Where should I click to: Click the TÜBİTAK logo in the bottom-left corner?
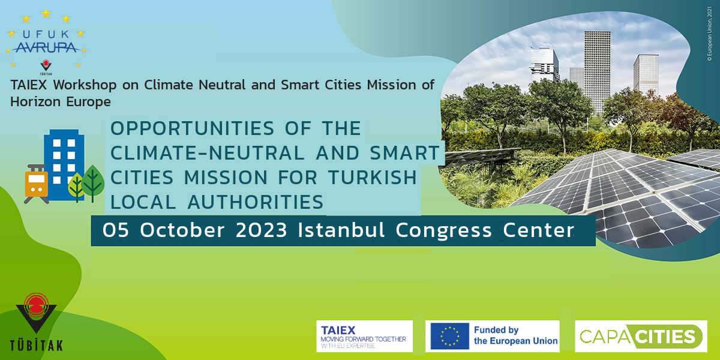tap(37, 322)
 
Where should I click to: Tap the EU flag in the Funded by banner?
tap(449, 336)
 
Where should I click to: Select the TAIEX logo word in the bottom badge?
tap(338, 331)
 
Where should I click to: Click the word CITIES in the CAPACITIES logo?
tap(666, 337)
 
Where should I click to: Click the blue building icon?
tap(64, 164)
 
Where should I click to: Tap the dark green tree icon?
tap(92, 183)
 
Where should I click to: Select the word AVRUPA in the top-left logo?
tap(46, 47)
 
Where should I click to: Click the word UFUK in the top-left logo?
tap(46, 34)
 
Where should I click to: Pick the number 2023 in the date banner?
tap(262, 230)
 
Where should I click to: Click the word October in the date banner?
tap(182, 230)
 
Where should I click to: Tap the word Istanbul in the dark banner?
tap(341, 230)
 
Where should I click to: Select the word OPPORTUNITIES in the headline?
tap(192, 128)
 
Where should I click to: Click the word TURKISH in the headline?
tap(372, 178)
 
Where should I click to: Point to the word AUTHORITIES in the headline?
tap(256, 202)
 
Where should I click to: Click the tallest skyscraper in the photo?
tap(597, 69)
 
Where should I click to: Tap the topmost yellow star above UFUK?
tap(46, 13)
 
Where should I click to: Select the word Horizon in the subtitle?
tap(35, 102)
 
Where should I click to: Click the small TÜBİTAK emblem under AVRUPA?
tap(46, 67)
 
